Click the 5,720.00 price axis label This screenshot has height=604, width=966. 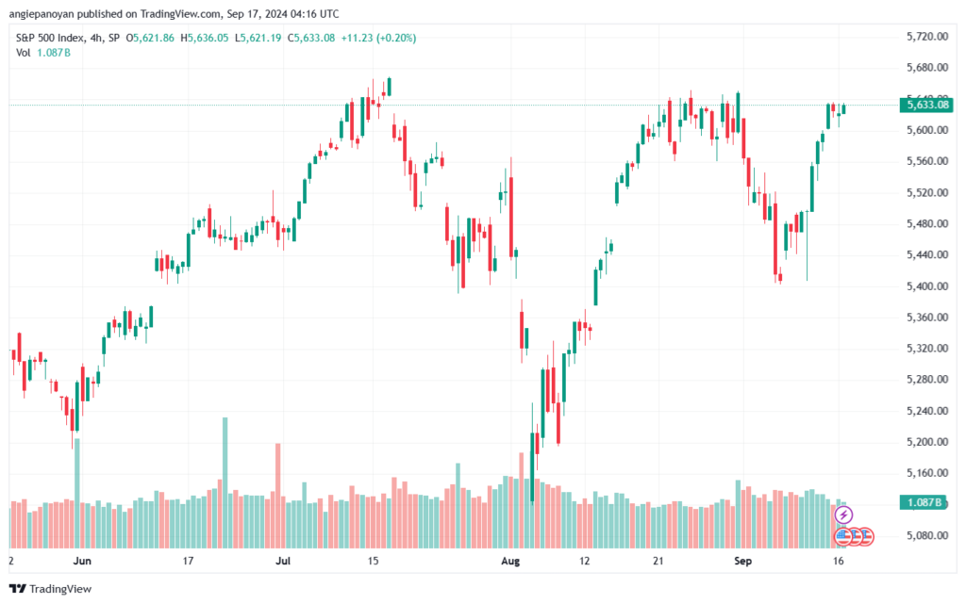[x=924, y=36]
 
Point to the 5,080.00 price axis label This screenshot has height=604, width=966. [x=924, y=535]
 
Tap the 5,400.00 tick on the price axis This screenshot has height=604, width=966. [x=924, y=286]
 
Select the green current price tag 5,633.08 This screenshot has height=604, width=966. [x=924, y=105]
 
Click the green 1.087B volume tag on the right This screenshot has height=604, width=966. [x=924, y=502]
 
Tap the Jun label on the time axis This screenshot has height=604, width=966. [x=82, y=561]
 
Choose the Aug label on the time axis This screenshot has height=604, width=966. [x=510, y=561]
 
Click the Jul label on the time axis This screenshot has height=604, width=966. [x=283, y=561]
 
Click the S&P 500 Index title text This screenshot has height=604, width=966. [x=53, y=38]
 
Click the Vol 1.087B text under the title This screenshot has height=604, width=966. [x=43, y=53]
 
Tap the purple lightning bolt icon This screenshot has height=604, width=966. [x=844, y=514]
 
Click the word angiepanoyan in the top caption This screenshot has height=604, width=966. [x=44, y=13]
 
